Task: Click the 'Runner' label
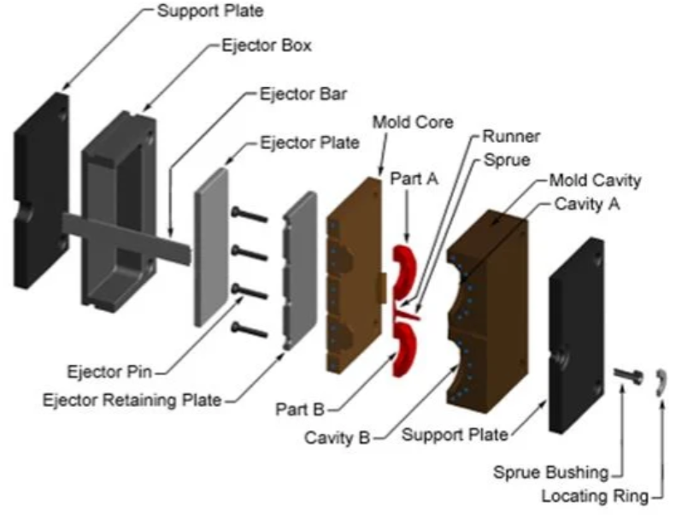coord(511,137)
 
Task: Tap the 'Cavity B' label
coord(338,438)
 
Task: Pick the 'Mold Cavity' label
coord(594,181)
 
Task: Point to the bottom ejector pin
coord(249,327)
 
